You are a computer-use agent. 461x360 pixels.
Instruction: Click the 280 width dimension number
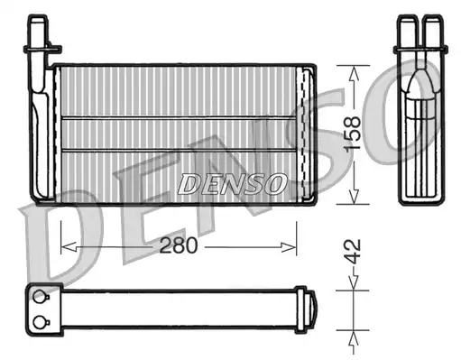pyautogui.click(x=179, y=245)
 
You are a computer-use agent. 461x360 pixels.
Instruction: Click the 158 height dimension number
pyautogui.click(x=352, y=134)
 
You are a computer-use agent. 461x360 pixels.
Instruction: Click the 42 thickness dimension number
pyautogui.click(x=352, y=252)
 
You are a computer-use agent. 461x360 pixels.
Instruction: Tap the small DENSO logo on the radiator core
pyautogui.click(x=232, y=184)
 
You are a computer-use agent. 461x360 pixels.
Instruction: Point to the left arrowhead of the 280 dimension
pyautogui.click(x=69, y=247)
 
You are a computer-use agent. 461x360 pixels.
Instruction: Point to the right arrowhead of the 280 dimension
pyautogui.click(x=289, y=247)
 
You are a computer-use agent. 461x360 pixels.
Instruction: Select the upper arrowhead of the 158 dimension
pyautogui.click(x=354, y=73)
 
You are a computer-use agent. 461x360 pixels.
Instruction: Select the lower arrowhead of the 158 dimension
pyautogui.click(x=354, y=196)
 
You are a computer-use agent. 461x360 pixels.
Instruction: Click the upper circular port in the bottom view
pyautogui.click(x=40, y=297)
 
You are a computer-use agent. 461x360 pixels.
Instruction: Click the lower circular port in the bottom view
pyautogui.click(x=40, y=323)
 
